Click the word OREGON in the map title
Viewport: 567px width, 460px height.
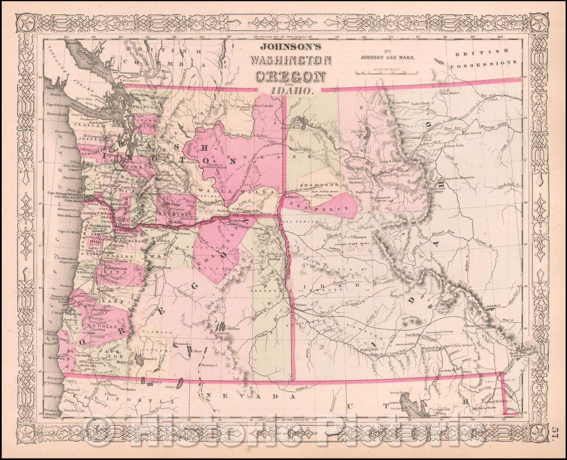[x=290, y=76]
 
